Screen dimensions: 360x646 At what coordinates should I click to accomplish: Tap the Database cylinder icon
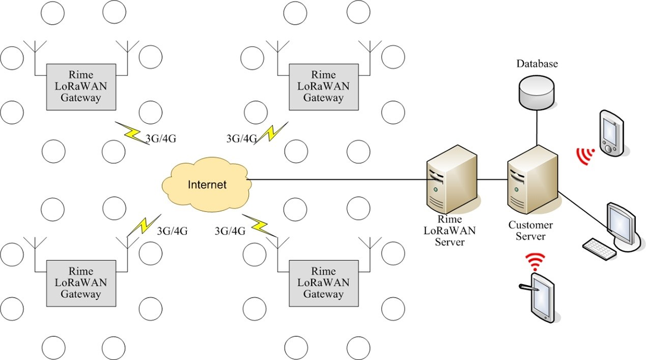(537, 91)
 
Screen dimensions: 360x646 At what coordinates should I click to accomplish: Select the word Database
(537, 64)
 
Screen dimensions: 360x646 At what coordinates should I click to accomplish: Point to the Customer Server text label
(531, 231)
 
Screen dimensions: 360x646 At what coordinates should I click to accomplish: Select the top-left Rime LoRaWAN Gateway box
(81, 86)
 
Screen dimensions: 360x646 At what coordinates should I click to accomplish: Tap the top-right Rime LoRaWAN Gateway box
(323, 86)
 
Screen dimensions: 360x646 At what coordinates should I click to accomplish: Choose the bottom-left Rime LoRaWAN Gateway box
(81, 283)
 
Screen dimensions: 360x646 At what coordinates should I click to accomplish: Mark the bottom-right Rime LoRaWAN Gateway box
(323, 283)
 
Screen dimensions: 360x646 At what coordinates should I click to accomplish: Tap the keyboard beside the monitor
(598, 249)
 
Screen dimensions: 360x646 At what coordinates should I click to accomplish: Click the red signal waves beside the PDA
(584, 156)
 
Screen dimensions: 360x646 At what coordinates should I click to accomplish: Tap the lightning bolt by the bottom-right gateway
(258, 225)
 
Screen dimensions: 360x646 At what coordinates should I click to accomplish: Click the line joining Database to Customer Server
(537, 126)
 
